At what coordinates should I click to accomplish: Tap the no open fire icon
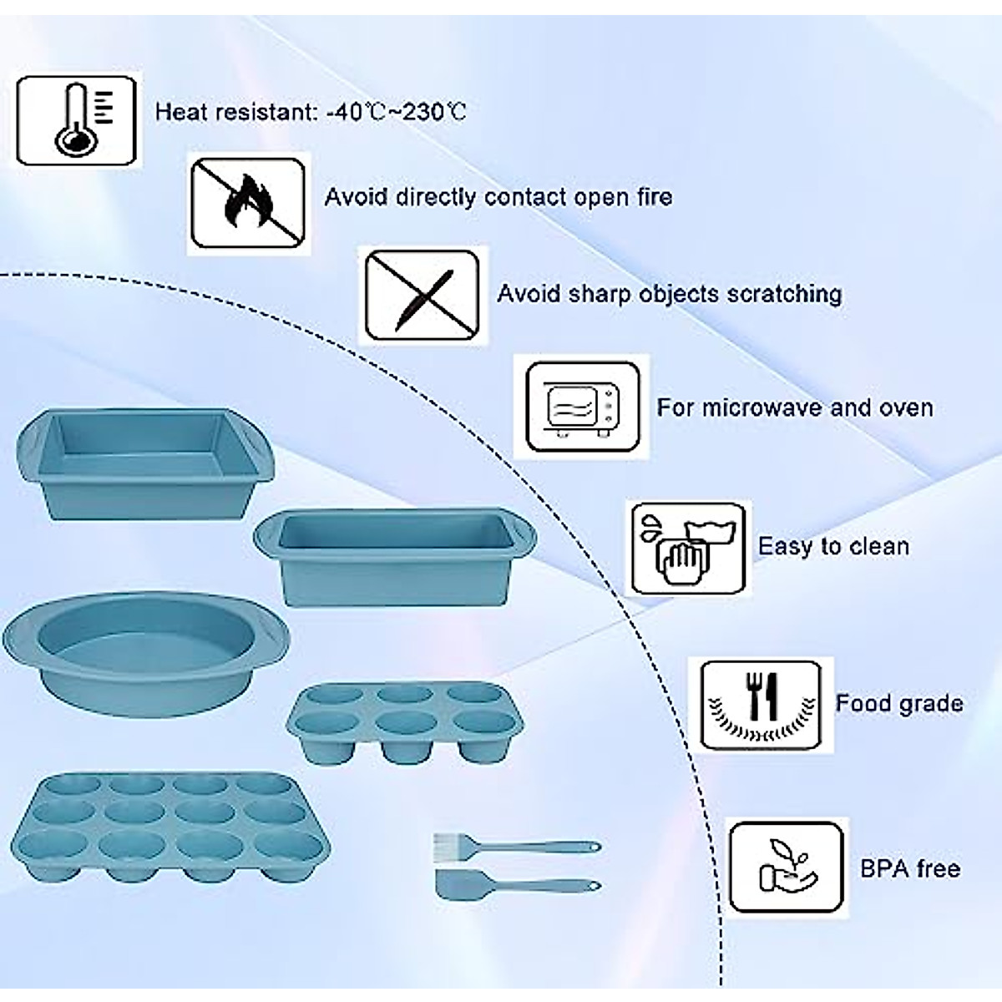(247, 204)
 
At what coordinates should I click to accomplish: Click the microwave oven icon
(583, 408)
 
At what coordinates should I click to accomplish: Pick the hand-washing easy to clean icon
(688, 549)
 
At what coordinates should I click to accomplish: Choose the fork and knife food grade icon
(760, 705)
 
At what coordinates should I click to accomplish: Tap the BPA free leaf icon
(785, 868)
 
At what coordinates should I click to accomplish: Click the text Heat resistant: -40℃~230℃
(311, 112)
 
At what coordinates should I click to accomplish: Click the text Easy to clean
(833, 547)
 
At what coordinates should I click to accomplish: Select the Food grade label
(899, 703)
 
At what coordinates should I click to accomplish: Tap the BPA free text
(910, 868)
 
